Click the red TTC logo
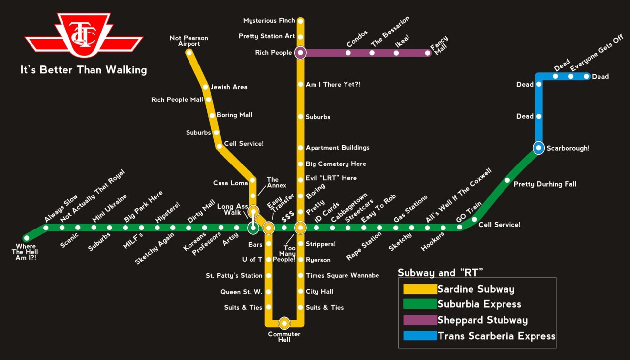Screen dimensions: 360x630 pyautogui.click(x=84, y=36)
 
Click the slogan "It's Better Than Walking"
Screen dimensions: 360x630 pyautogui.click(x=84, y=70)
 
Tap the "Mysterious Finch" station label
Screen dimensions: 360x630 pyautogui.click(x=269, y=21)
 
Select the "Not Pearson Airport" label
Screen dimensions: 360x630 pyautogui.click(x=189, y=41)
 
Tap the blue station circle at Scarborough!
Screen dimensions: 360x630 pyautogui.click(x=539, y=147)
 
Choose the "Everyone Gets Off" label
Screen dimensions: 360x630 pyautogui.click(x=596, y=60)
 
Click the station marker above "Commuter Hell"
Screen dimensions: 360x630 pyautogui.click(x=284, y=324)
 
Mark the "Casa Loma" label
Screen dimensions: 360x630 pyautogui.click(x=230, y=183)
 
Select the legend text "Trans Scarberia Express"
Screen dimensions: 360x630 pyautogui.click(x=496, y=336)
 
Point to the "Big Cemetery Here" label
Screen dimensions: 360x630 pyautogui.click(x=336, y=164)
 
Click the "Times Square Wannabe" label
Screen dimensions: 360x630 pyautogui.click(x=342, y=276)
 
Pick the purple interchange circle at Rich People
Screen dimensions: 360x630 pyautogui.click(x=300, y=53)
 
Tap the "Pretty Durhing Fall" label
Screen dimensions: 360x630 pyautogui.click(x=545, y=184)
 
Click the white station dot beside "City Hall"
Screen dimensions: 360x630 pyautogui.click(x=300, y=292)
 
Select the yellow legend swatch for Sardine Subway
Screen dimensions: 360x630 pyautogui.click(x=419, y=289)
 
